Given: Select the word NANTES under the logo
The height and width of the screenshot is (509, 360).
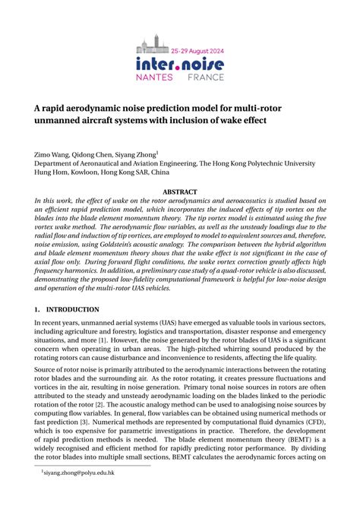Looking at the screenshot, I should [x=156, y=77].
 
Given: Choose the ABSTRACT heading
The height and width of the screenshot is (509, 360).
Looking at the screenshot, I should [x=179, y=192].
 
